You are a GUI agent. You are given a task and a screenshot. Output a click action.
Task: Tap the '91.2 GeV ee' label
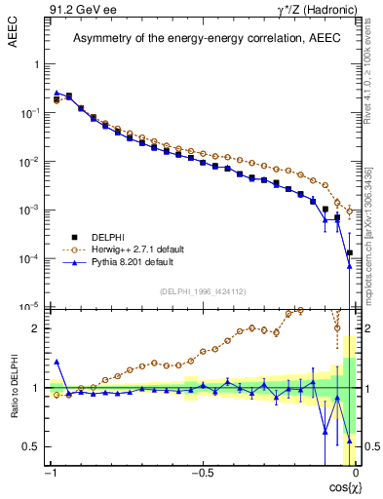pos(78,10)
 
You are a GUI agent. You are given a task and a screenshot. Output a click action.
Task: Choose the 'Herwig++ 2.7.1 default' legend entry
pos(120,249)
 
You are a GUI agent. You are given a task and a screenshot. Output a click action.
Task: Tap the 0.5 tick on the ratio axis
pos(31,446)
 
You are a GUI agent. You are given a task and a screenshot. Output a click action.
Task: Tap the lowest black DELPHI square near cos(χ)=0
pos(349,253)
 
